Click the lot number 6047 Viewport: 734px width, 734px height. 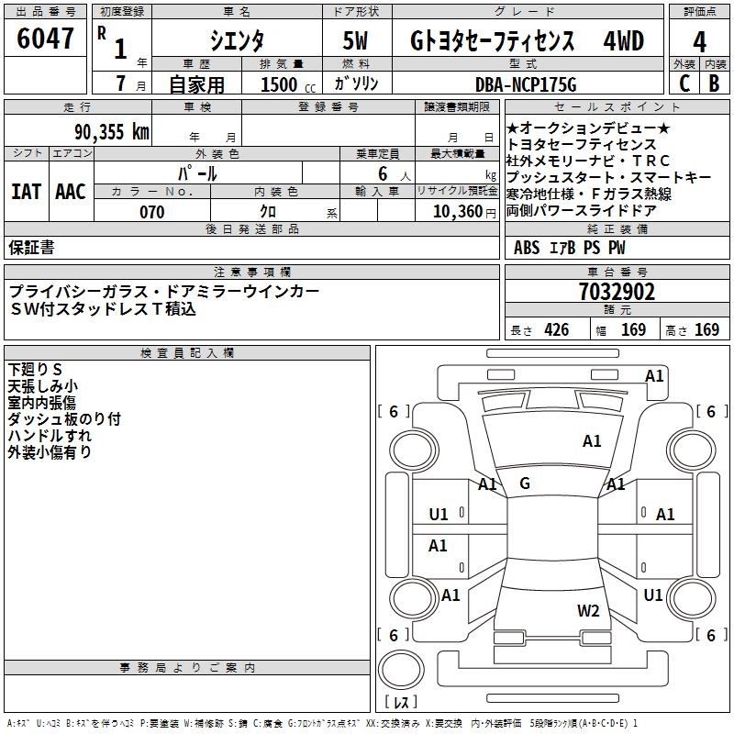coord(46,39)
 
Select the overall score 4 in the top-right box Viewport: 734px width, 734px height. coord(699,42)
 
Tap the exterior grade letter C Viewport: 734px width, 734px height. coord(684,83)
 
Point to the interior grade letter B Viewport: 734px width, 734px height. coord(714,83)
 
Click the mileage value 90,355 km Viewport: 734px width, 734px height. coord(112,131)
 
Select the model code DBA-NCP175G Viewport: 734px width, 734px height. coord(526,84)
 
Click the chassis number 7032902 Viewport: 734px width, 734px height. coord(617,292)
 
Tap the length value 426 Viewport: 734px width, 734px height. coord(555,330)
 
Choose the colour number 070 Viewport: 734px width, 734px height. coord(151,212)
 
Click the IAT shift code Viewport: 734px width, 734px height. coord(27,192)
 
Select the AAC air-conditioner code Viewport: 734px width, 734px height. coord(70,192)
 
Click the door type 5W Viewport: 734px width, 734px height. coord(357,42)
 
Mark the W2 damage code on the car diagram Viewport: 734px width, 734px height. coord(588,611)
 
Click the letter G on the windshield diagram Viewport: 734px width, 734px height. coord(525,484)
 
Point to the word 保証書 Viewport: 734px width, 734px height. coord(31,247)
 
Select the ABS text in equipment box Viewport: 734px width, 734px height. coord(527,248)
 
